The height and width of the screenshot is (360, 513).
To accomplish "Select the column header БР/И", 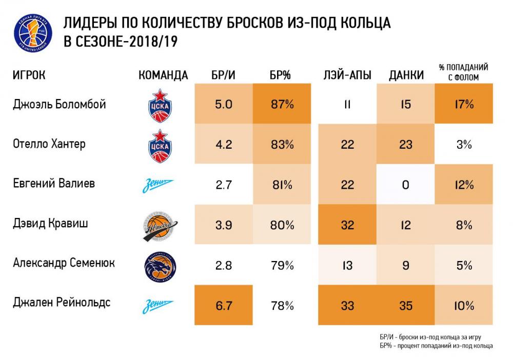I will [224, 75].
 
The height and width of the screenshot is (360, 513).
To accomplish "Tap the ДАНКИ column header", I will [406, 75].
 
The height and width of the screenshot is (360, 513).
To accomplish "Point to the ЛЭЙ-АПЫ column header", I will [347, 75].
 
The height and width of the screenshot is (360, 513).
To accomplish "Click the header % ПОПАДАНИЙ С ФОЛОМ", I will [463, 72].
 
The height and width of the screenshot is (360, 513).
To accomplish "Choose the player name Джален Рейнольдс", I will [61, 303].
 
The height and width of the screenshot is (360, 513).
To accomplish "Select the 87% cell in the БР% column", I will [282, 105].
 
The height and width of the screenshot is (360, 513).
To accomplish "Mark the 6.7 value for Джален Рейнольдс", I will [224, 306].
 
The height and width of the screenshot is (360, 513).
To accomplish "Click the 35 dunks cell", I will [405, 306].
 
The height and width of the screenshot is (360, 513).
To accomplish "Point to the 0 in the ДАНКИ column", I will [405, 185].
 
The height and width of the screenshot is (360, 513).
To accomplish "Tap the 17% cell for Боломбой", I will [463, 105].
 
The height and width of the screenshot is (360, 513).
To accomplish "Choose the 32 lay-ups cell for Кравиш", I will [347, 225].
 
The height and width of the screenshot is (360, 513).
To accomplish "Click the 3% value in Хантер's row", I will [463, 145].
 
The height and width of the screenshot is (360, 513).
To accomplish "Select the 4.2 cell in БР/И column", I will [224, 145].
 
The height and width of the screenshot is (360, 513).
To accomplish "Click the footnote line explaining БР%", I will [436, 346].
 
